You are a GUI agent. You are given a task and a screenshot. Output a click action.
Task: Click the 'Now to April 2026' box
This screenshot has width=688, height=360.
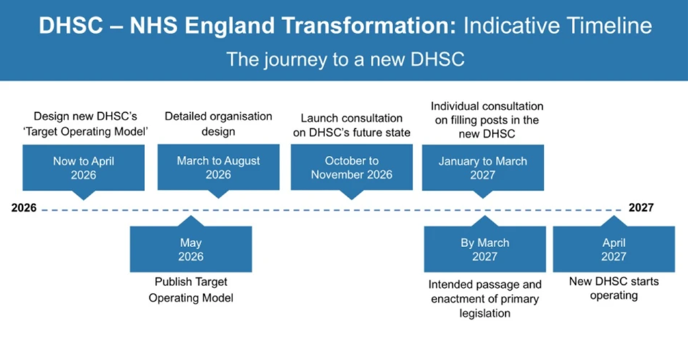pyautogui.click(x=83, y=168)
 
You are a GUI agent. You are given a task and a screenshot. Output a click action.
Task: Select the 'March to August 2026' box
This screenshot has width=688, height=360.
pyautogui.click(x=218, y=167)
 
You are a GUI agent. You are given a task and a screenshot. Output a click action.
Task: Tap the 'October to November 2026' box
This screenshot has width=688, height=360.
pyautogui.click(x=351, y=167)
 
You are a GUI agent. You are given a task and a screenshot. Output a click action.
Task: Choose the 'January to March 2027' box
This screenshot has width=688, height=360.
pyautogui.click(x=482, y=168)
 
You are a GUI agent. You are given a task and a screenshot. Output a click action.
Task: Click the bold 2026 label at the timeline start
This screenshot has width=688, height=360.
pyautogui.click(x=24, y=208)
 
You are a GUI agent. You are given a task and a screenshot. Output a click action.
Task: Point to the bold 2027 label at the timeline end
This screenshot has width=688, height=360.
pyautogui.click(x=641, y=208)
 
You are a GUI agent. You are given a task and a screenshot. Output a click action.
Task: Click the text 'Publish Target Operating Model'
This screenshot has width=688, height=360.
pyautogui.click(x=191, y=290)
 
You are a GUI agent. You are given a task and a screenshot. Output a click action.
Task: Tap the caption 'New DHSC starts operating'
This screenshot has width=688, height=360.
pyautogui.click(x=614, y=288)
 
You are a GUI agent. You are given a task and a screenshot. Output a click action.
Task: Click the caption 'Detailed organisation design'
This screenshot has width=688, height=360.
pyautogui.click(x=218, y=124)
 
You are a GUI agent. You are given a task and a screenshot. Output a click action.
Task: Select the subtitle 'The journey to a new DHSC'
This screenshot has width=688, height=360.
pyautogui.click(x=345, y=59)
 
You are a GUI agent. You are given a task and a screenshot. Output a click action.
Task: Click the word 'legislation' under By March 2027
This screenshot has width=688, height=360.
pyautogui.click(x=485, y=313)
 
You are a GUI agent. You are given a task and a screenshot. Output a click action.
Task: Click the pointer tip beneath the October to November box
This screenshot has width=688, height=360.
pyautogui.click(x=351, y=200)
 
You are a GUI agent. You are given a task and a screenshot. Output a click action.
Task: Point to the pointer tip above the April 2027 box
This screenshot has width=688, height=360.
pyautogui.click(x=614, y=216)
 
